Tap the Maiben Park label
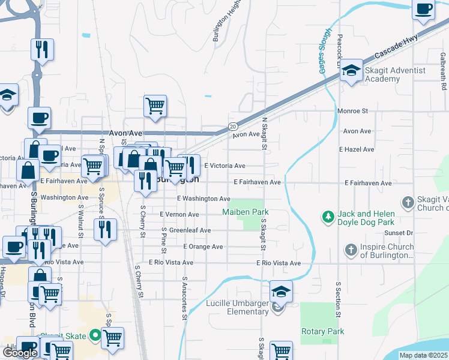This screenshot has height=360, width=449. pyautogui.click(x=245, y=212)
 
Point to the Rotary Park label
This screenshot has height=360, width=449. pyautogui.click(x=323, y=331)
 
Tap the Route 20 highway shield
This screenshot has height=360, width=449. pyautogui.click(x=232, y=126)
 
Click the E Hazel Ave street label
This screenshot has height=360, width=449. pyautogui.click(x=357, y=149)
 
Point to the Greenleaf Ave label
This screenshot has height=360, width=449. pyautogui.click(x=190, y=230)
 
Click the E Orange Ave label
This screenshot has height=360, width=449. pyautogui.click(x=203, y=247)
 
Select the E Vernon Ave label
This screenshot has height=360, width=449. pyautogui.click(x=179, y=214)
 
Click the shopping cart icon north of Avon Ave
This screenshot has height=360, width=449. pyautogui.click(x=155, y=106)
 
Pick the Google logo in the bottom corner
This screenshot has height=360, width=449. pyautogui.click(x=19, y=353)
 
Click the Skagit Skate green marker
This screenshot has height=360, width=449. pyautogui.click(x=94, y=335)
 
